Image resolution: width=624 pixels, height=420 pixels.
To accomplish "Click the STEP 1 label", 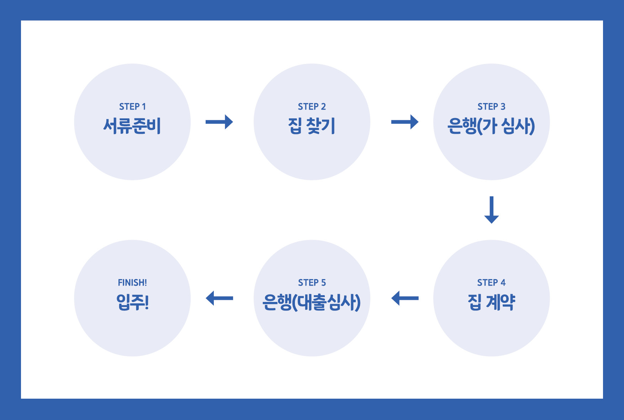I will pos(132,107).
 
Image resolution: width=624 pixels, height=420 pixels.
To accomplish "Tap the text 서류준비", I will pos(132,126).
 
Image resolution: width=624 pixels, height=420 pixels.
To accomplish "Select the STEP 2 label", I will pos(312,107).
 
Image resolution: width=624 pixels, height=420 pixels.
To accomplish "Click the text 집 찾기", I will pos(312,126).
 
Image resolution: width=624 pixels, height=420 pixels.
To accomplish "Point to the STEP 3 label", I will pos(491,107).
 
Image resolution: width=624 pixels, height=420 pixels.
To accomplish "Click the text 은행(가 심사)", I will pos(491,126).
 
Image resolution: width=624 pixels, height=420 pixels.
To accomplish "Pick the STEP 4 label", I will pos(491,283).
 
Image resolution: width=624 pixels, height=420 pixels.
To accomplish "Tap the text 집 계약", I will pos(491,302).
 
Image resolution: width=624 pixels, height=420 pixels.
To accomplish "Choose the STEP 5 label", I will pos(312,283).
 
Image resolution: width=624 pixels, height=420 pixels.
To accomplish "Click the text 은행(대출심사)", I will pos(312,302).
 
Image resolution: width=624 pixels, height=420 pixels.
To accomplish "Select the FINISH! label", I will pos(132,283).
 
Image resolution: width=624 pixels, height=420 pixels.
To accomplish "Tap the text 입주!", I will pos(132,302).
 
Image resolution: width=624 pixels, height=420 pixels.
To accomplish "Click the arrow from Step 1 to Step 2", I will pos(219,122).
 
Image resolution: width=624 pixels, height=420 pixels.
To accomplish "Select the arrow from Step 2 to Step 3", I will pos(404,122).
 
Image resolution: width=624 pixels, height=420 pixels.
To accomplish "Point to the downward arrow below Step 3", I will pos(491,209).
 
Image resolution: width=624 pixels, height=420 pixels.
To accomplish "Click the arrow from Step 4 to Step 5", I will pos(404,298).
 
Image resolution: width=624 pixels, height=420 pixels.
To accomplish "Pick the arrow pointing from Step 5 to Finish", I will pos(219,298).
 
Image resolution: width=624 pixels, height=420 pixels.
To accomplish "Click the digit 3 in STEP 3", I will pos(503,107).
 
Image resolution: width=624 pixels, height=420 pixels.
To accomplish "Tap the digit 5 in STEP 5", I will pos(323,283).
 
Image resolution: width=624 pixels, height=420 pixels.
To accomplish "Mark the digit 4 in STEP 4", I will pos(503,283).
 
